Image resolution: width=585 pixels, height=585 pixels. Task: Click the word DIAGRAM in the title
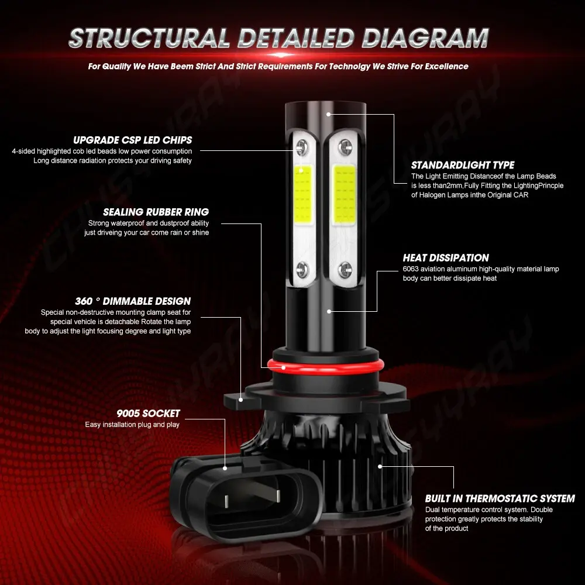click(425, 38)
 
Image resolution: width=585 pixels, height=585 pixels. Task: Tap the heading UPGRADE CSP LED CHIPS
click(132, 140)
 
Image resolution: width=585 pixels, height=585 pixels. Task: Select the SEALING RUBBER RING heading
click(156, 212)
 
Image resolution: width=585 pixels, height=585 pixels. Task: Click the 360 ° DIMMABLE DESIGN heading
click(132, 301)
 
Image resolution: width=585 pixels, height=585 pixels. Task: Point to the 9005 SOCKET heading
click(148, 414)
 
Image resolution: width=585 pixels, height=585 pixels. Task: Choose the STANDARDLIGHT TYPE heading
click(463, 166)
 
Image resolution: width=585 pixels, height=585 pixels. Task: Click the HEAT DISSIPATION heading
click(445, 258)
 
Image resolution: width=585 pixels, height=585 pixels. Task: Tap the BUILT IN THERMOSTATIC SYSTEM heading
click(500, 499)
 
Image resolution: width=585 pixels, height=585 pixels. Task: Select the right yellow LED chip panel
click(344, 195)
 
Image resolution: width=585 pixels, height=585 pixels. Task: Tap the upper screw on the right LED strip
click(345, 146)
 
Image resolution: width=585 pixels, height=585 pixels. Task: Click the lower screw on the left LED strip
click(302, 268)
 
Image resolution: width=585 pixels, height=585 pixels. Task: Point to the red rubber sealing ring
click(325, 366)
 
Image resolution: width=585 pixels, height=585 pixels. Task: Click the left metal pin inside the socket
click(227, 501)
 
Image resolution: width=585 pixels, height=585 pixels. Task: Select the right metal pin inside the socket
click(278, 496)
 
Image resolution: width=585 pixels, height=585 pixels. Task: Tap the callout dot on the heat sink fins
click(380, 466)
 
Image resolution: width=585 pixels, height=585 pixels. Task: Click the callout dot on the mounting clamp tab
click(240, 400)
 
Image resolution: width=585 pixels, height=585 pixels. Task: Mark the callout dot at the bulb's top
click(328, 114)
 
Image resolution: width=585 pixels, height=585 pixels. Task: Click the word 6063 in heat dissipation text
click(411, 269)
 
